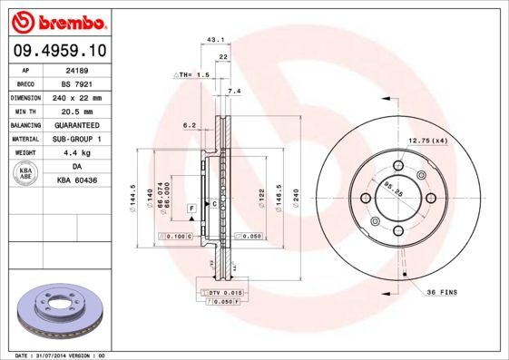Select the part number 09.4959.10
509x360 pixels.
pos(56,52)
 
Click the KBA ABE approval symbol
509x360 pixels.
pos(26,174)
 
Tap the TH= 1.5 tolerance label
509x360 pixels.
pos(192,74)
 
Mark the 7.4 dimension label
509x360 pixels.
pos(233,92)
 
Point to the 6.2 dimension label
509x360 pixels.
pos(190,124)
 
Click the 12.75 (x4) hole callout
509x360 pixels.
pos(429,140)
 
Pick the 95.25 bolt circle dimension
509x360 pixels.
pos(391,191)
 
